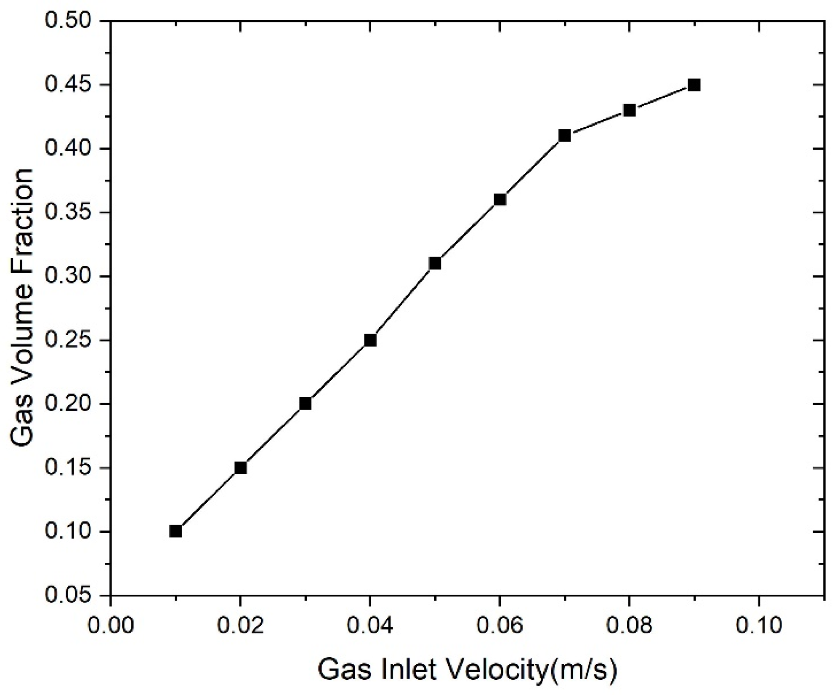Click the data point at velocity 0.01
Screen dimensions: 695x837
coord(175,531)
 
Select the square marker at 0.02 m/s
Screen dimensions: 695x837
coord(240,468)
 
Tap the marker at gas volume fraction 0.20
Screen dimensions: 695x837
coord(305,404)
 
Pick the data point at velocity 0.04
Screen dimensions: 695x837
coord(370,340)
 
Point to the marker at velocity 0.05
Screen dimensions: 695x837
coord(435,263)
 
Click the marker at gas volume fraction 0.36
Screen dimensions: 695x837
coord(500,199)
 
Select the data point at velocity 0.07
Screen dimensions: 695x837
coord(564,136)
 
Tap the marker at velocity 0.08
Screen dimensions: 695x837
coord(629,110)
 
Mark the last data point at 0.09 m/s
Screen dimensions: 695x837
coord(694,85)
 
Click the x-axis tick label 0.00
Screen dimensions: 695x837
coord(111,625)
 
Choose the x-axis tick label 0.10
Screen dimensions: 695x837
coord(758,625)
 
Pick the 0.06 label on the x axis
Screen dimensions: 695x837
coord(500,625)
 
